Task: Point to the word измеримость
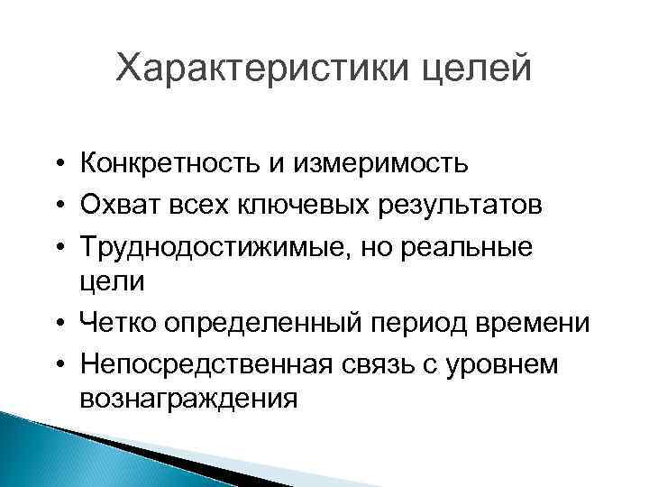click(391, 164)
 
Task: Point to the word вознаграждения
click(187, 397)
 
